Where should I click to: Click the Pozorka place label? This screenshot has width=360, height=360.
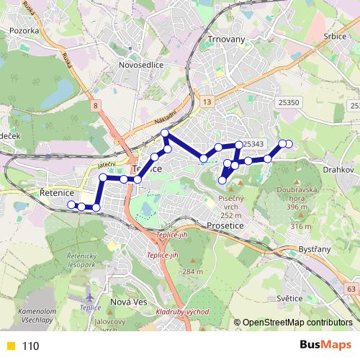click(24, 31)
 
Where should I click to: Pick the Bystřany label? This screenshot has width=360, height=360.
click(314, 248)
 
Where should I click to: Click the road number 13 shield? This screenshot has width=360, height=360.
click(207, 103)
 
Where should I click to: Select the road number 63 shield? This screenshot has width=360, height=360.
click(351, 289)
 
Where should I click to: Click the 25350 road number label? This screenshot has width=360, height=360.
click(288, 103)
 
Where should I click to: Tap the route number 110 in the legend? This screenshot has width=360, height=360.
click(31, 346)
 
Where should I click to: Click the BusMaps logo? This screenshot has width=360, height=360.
click(325, 345)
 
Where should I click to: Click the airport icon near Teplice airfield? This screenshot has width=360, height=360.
click(89, 296)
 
